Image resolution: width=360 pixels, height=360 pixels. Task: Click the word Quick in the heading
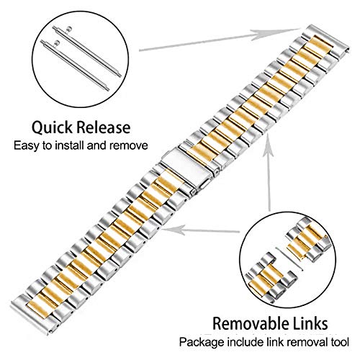tap(53, 127)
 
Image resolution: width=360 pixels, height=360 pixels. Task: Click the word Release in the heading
tap(104, 127)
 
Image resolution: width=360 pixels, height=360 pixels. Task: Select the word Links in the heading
tap(312, 323)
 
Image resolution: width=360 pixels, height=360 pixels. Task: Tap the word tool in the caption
tap(340, 341)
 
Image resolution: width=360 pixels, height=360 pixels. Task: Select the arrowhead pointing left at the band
tap(175, 230)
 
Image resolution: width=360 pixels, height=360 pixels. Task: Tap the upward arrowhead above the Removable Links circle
tap(268, 148)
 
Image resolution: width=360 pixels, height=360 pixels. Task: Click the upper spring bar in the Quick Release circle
tap(87, 51)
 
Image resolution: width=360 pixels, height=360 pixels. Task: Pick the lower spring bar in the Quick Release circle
tap(75, 66)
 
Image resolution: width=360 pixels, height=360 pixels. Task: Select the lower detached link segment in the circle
tap(271, 278)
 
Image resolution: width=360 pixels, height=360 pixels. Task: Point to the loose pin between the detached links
tap(289, 259)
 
